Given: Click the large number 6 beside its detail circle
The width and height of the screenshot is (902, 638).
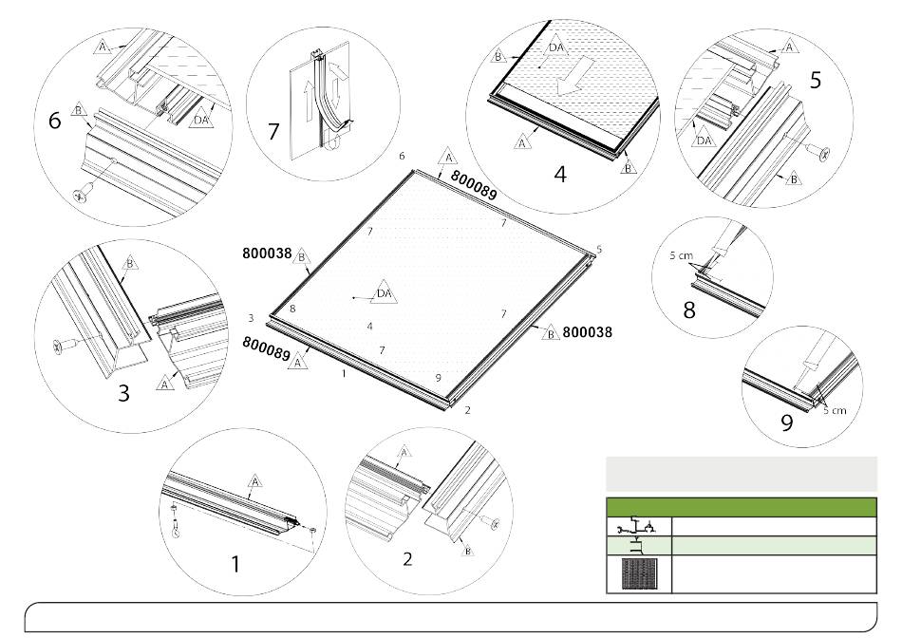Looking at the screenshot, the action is tap(54, 121).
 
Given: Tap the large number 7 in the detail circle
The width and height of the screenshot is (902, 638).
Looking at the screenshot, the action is tap(273, 132).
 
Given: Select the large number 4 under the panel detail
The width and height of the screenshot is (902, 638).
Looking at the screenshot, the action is tap(560, 173).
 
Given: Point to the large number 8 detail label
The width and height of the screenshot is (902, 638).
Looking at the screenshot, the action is tap(689, 310).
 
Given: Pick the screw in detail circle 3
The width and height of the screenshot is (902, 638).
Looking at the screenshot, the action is tap(65, 346).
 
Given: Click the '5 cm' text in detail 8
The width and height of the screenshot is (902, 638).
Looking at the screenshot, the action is tap(681, 255).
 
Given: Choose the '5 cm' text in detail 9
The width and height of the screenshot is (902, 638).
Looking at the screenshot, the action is tap(835, 410).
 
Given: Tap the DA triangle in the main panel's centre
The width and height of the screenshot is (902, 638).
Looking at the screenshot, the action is tap(384, 292).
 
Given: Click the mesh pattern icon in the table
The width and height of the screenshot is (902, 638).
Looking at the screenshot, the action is tap(639, 573).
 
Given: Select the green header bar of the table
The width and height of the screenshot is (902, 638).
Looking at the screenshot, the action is tap(742, 507).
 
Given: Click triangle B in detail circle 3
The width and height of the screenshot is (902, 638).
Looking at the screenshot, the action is tap(130, 263).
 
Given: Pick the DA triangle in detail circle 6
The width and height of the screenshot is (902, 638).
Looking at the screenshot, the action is tap(200, 118).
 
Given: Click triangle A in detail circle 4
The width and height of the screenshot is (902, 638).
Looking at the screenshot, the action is tap(522, 141).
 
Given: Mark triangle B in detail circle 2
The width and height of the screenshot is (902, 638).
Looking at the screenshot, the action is tap(468, 550).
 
